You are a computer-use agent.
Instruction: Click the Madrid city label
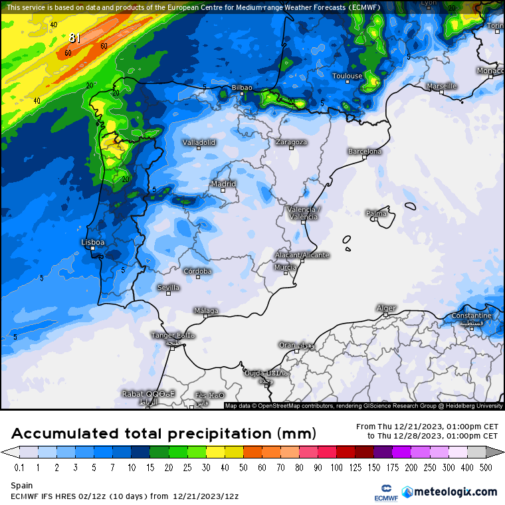click(223, 184)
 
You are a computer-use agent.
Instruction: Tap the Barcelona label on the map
click(365, 151)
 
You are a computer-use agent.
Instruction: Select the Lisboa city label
click(93, 243)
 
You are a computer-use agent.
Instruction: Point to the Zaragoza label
click(291, 142)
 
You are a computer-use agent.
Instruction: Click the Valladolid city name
click(199, 142)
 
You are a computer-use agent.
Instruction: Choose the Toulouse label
click(348, 76)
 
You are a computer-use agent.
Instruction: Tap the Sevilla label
click(168, 288)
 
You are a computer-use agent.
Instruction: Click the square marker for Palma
click(375, 219)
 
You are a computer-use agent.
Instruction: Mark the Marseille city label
click(442, 86)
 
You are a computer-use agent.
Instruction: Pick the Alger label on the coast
click(386, 308)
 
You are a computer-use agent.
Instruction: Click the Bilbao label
click(242, 88)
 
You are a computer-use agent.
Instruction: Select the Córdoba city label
click(197, 271)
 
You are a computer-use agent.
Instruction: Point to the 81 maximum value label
click(74, 39)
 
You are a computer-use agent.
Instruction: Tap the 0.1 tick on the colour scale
click(19, 468)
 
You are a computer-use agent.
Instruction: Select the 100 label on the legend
click(338, 468)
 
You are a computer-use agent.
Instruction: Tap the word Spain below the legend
click(21, 486)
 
